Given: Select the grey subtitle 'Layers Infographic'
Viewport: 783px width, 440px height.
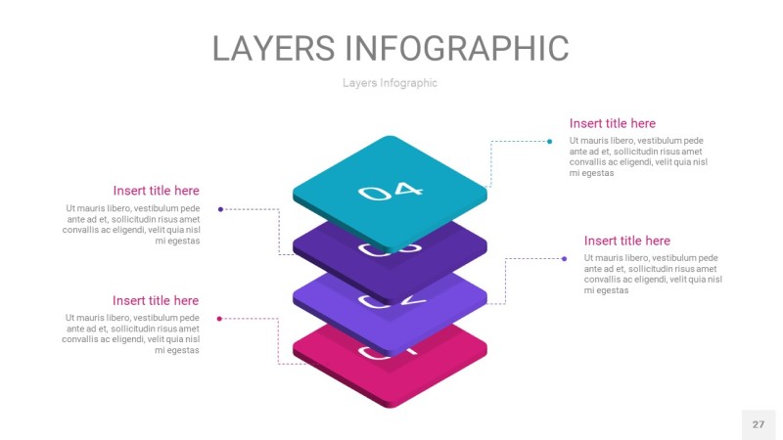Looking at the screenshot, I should [390, 83].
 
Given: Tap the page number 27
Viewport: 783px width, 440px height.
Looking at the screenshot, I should [758, 424].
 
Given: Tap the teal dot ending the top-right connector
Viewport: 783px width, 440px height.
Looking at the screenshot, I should [550, 141].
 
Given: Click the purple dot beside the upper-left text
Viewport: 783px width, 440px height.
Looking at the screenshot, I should [220, 208].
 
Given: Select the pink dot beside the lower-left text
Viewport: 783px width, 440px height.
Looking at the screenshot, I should [219, 318].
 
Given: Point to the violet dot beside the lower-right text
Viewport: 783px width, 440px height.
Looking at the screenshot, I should [565, 258].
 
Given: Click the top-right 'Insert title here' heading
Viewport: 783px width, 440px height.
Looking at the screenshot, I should [613, 123].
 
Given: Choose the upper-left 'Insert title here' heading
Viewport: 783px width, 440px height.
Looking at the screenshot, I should [156, 191].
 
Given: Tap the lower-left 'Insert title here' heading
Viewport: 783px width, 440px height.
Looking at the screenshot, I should [156, 300].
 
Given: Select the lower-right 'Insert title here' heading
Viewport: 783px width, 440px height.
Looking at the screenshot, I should [627, 241].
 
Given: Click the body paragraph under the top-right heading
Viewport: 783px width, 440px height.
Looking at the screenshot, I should [636, 156].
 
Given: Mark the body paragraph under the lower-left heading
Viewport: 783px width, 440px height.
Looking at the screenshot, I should [133, 333].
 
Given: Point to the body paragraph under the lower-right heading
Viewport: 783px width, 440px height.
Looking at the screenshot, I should [652, 274].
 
